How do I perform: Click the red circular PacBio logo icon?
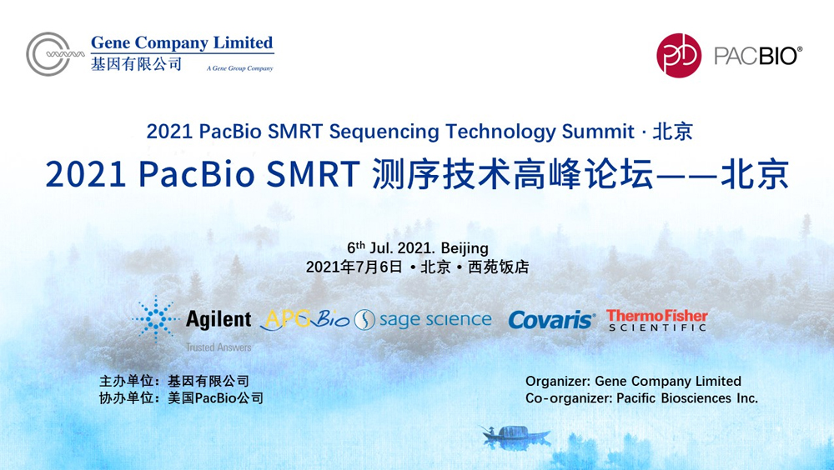click(679, 55)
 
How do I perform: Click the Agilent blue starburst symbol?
click(156, 318)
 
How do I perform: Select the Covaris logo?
click(551, 320)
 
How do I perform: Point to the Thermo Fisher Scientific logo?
click(657, 321)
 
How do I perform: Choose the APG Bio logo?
click(307, 319)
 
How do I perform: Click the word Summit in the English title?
click(598, 132)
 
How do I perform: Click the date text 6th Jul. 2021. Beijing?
click(418, 247)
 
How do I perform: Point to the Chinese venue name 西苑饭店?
click(499, 267)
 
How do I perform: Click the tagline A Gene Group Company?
click(240, 68)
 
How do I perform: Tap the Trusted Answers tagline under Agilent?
click(219, 347)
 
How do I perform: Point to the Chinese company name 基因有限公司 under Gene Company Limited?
click(136, 64)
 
